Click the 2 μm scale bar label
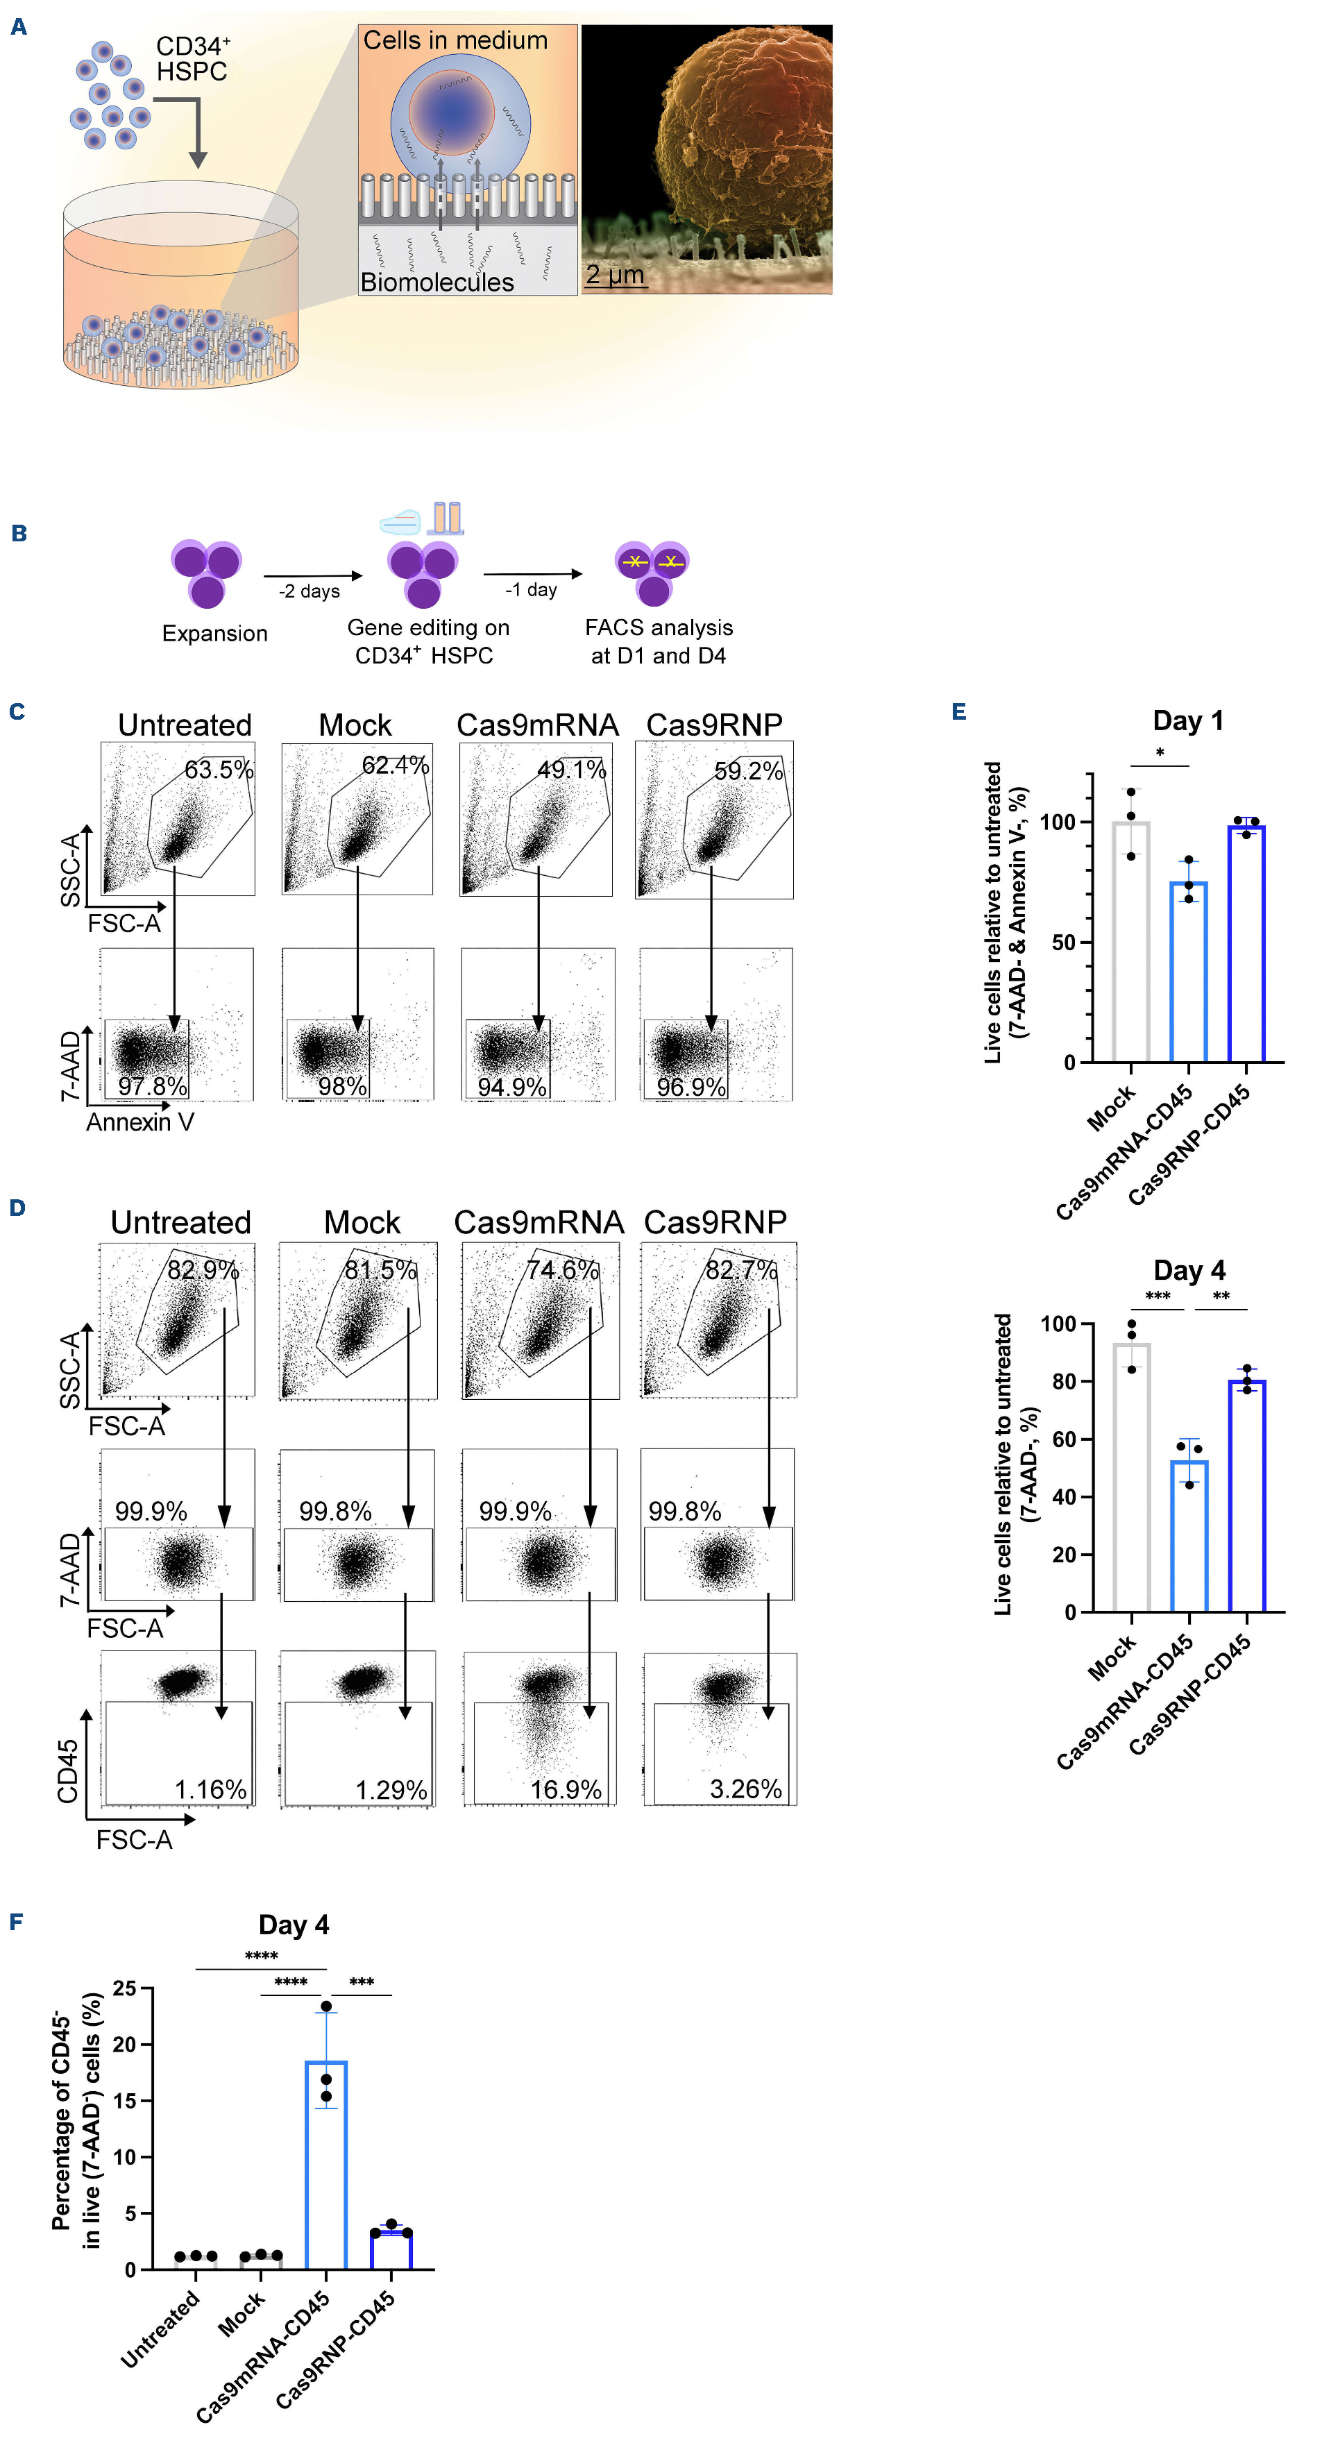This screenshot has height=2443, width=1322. (615, 275)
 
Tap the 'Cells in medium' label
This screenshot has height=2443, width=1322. (455, 41)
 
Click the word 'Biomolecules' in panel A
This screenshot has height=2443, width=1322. (437, 282)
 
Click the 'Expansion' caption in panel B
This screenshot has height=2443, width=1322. (214, 634)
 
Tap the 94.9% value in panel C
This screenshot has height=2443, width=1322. (512, 1087)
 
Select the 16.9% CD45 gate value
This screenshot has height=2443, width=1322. (566, 1790)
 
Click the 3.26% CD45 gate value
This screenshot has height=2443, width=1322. (745, 1789)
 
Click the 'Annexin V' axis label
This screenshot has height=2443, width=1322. (140, 1123)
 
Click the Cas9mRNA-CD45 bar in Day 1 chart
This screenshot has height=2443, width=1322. (1188, 972)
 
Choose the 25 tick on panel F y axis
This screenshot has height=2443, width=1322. (124, 1988)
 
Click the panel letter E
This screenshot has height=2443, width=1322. (959, 712)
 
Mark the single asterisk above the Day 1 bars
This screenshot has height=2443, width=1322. (1160, 754)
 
